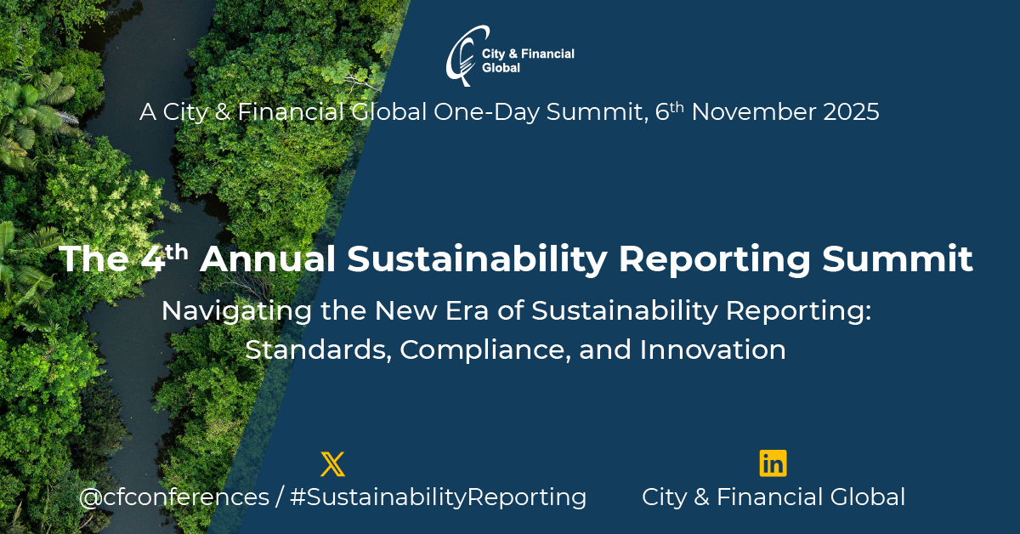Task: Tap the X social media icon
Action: click(333, 463)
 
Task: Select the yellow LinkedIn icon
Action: click(773, 463)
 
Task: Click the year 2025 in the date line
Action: click(851, 112)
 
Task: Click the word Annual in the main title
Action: click(268, 258)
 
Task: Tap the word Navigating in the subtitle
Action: click(236, 312)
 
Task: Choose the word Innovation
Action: click(712, 350)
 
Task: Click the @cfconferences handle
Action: click(174, 497)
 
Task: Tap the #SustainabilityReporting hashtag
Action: click(438, 497)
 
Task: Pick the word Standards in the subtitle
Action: click(318, 350)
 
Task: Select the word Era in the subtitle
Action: click(467, 311)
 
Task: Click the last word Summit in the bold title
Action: click(897, 258)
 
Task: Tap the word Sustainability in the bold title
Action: click(477, 260)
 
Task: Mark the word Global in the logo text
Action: click(501, 68)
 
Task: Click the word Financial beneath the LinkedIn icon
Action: click(769, 497)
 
